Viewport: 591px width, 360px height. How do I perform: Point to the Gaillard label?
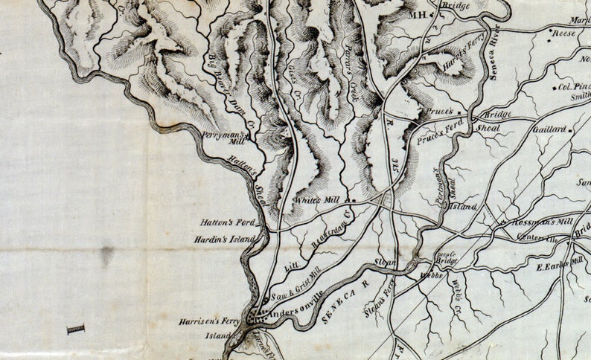tap(549, 128)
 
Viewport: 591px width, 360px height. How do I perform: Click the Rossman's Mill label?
tap(540, 222)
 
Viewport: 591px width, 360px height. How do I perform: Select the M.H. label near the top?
tap(418, 14)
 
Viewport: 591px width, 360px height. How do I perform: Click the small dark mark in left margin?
tap(76, 329)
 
